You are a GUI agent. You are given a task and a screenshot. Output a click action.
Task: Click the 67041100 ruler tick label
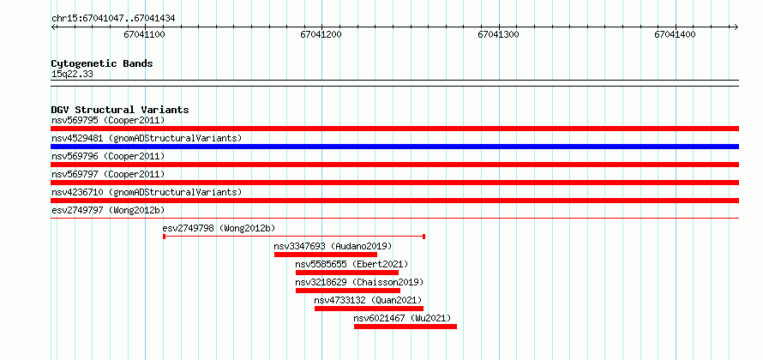(145, 34)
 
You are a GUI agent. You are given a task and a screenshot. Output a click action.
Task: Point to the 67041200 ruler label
(321, 34)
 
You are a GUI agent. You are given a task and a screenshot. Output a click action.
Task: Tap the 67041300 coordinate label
(499, 34)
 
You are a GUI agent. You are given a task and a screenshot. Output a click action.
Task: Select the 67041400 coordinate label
(676, 34)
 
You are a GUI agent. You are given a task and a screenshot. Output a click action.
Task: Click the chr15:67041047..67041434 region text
(113, 19)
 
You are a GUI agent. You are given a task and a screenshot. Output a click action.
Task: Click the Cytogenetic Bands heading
(102, 63)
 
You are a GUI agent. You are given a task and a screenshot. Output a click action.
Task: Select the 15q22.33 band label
(72, 75)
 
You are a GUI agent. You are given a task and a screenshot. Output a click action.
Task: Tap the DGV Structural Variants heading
(120, 110)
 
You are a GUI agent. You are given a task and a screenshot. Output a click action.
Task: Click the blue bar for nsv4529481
(394, 147)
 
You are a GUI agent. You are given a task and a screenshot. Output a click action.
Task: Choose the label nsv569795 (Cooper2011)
(108, 120)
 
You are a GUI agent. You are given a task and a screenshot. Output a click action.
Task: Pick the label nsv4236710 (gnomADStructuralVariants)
(147, 192)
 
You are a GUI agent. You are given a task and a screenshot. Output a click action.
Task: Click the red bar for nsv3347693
(326, 255)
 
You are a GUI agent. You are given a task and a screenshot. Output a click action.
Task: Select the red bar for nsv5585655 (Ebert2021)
(347, 273)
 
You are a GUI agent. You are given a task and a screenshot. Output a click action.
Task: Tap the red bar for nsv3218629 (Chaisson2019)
(348, 291)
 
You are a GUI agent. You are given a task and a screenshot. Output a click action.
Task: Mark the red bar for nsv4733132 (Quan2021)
(369, 309)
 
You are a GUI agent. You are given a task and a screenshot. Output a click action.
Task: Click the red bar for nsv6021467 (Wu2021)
(406, 327)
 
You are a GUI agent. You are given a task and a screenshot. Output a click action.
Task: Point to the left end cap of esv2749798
(164, 237)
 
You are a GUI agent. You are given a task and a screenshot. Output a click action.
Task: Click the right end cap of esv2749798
(424, 237)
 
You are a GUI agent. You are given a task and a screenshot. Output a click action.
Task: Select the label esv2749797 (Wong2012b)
(108, 210)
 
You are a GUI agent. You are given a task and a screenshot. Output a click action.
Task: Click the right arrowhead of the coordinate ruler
(736, 27)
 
